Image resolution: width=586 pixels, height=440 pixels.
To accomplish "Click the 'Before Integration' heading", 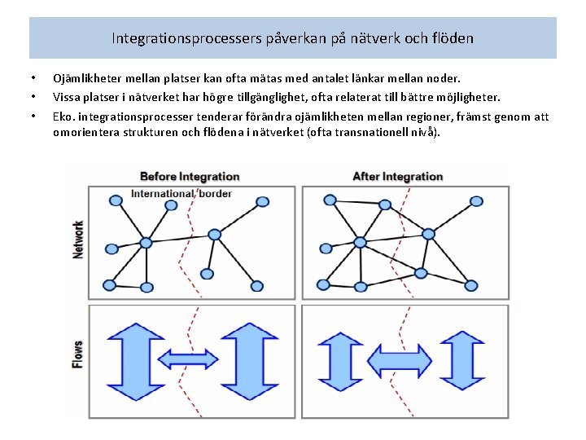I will click(190, 177).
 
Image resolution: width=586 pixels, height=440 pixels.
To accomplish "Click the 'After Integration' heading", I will click(397, 177).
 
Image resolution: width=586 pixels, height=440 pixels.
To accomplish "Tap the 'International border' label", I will click(181, 194).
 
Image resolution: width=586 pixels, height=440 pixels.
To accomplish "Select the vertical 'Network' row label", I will click(79, 240).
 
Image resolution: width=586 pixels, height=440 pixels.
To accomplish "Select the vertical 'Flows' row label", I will click(79, 355).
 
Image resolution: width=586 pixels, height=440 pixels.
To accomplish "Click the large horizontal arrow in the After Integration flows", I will click(400, 359).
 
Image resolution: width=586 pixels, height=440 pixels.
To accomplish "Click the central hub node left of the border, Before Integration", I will click(146, 243).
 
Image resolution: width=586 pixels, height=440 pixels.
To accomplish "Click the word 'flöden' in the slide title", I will click(453, 38).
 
